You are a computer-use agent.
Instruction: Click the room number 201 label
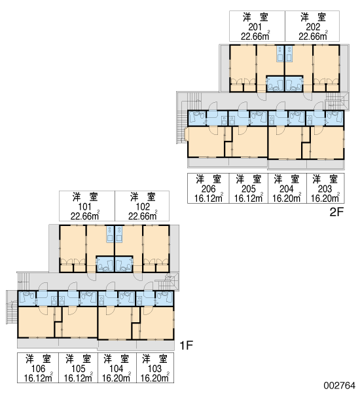pos(255,27)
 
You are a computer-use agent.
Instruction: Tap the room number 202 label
pos(313,27)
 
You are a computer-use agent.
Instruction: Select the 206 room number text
pos(208,189)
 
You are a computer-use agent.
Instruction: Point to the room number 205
pos(249,189)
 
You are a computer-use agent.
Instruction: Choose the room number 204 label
pos(286,189)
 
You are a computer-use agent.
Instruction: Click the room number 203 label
pos(325,189)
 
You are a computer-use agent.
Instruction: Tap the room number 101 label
pos(84,207)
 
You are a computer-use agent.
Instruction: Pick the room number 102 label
pos(143,207)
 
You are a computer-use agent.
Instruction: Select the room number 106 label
pos(39,369)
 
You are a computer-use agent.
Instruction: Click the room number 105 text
pos(79,369)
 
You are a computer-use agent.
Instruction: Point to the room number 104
pos(117,369)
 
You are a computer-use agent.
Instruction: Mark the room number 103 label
pos(155,369)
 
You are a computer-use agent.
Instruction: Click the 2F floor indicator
pos(336,212)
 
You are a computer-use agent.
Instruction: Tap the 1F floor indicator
pos(187,346)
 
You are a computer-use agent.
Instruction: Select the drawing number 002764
pos(339,385)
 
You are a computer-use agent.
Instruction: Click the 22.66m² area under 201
pos(255,36)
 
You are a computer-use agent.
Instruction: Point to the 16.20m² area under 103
pos(155,378)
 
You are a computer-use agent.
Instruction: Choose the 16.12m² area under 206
pos(208,198)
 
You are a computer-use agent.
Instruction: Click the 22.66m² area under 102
pos(143,215)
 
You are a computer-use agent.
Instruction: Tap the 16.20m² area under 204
pos(287,198)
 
